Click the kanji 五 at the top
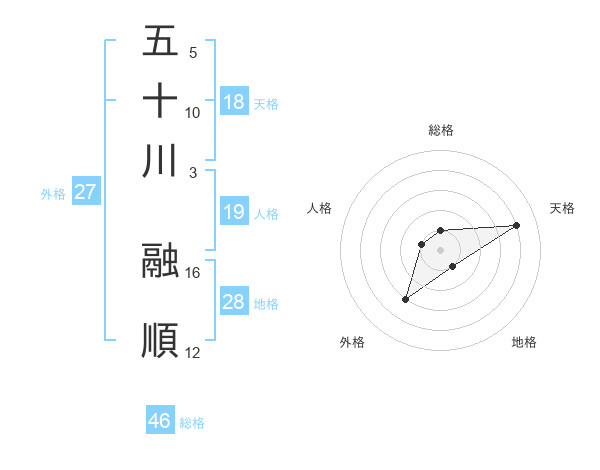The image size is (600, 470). [161, 41]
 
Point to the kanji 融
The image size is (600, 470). [161, 261]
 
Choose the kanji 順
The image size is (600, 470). [161, 340]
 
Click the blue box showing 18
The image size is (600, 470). [234, 102]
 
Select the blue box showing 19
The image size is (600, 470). [234, 212]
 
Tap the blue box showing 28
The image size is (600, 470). [234, 302]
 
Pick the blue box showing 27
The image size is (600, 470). [85, 192]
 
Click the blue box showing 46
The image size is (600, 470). [160, 421]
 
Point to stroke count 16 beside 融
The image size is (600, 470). [193, 272]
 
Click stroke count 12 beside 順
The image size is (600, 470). [193, 352]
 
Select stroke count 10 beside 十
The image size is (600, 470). [193, 112]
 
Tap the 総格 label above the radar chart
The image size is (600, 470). [441, 130]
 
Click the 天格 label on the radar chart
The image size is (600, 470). [562, 208]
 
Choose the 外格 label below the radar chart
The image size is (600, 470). [352, 342]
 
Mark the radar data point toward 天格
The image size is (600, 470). [517, 224]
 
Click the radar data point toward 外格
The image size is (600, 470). [405, 299]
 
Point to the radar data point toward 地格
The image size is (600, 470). [453, 266]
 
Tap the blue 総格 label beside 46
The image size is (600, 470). [192, 423]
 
